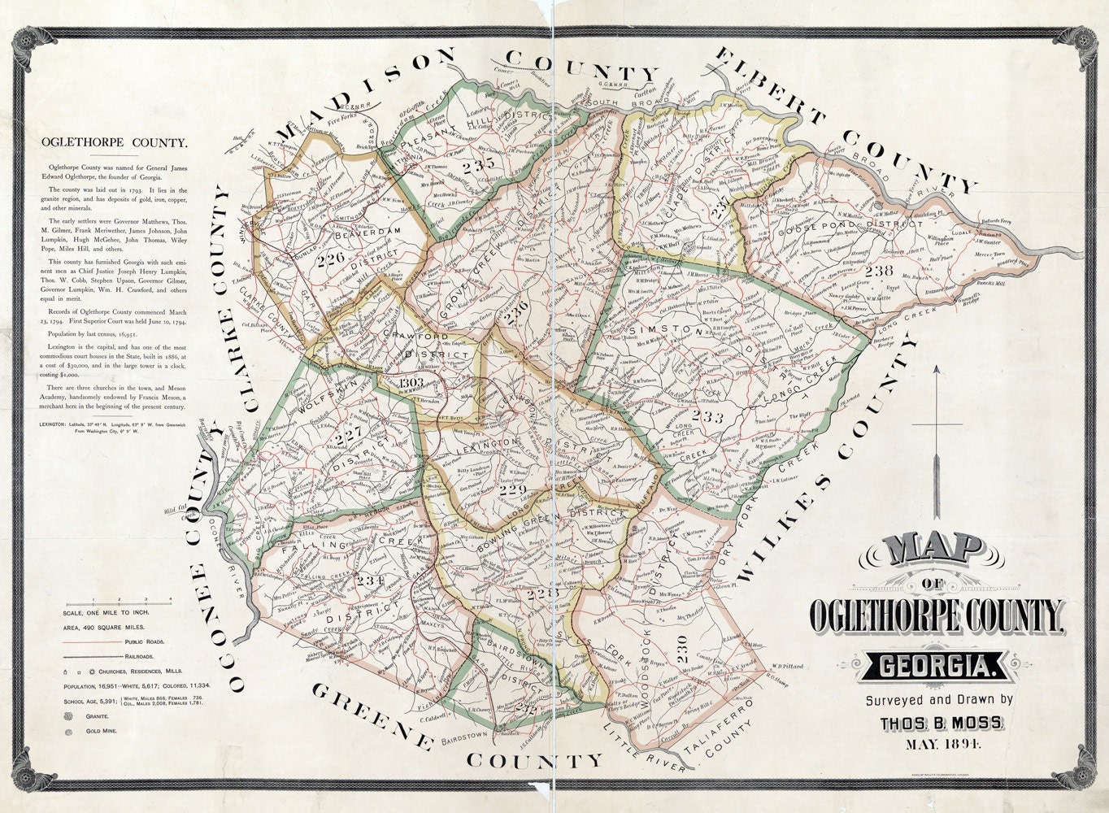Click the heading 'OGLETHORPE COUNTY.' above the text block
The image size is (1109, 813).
tap(114, 144)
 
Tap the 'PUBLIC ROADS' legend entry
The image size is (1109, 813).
tap(146, 641)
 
